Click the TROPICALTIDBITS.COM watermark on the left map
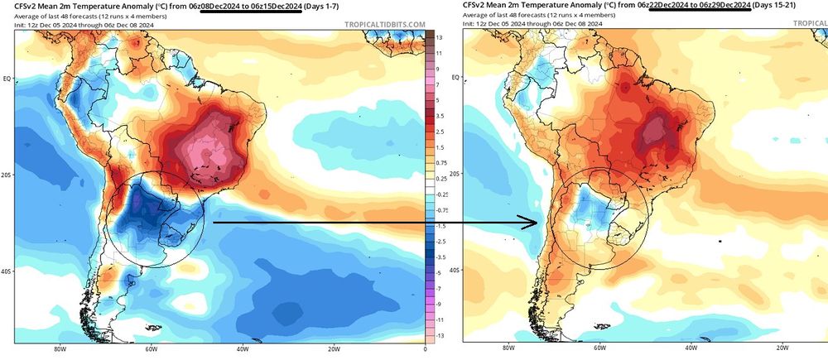tap(383, 24)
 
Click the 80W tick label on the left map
tap(60, 349)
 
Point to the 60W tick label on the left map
tap(151, 349)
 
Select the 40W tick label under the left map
tap(242, 349)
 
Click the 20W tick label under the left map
tap(333, 349)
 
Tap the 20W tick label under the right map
tap(782, 349)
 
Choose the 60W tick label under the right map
tap(599, 349)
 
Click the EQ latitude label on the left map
tap(7, 79)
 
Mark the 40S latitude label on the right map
tap(455, 271)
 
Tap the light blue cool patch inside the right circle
tap(593, 207)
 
